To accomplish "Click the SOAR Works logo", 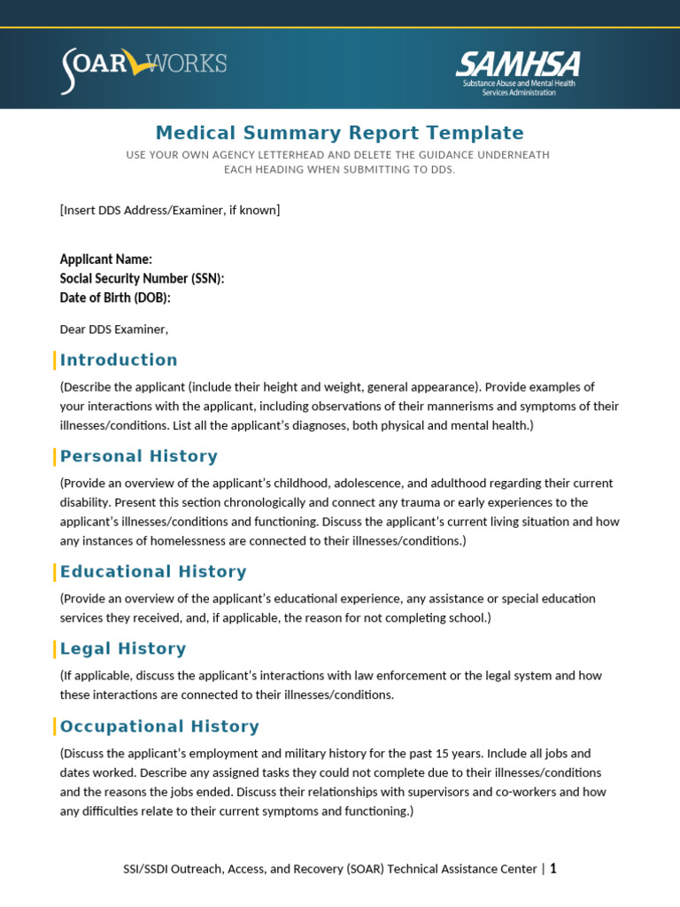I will tap(143, 68).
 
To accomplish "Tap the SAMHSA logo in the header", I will tap(518, 72).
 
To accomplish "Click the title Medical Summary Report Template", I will tap(339, 133).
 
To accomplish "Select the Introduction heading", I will tap(119, 360).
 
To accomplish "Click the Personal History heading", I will tap(138, 456).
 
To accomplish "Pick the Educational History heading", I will tap(153, 571).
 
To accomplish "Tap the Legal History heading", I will tap(123, 648).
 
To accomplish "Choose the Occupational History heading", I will tap(159, 726).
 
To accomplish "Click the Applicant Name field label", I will tap(105, 260).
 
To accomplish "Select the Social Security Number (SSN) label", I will tap(142, 279).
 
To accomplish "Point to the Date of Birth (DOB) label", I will tap(115, 298).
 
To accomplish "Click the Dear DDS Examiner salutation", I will tap(113, 329).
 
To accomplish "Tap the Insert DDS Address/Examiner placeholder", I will tap(170, 210).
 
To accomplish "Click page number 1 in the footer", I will tap(553, 869).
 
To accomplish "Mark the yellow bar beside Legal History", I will tap(55, 648).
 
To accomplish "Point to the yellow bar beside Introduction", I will tap(55, 360).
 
